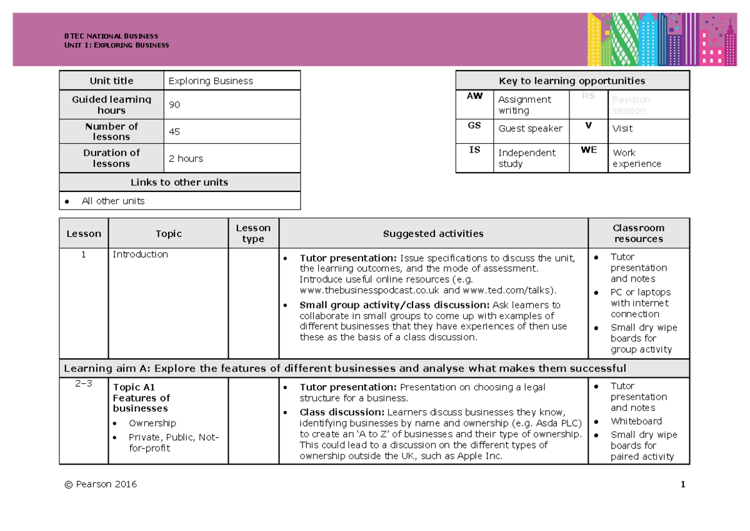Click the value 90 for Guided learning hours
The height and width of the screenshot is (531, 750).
[x=174, y=105]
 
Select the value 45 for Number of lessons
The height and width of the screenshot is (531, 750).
[x=174, y=132]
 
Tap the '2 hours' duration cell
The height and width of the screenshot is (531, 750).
[x=186, y=158]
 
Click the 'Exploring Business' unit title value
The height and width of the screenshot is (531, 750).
[x=211, y=81]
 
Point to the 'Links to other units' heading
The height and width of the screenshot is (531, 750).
[x=179, y=183]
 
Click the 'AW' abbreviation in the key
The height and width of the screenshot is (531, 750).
[x=474, y=96]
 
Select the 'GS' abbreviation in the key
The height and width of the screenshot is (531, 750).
[x=474, y=125]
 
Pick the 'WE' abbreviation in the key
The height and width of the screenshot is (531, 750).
[x=589, y=150]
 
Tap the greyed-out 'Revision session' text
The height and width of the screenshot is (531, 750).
[x=631, y=105]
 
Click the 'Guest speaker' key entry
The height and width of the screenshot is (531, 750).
[x=530, y=128]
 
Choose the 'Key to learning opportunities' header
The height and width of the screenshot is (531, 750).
[x=572, y=81]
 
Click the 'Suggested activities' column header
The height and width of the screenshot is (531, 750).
[x=433, y=233]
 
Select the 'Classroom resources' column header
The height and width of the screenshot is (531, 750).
[x=638, y=233]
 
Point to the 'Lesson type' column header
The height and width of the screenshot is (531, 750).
[x=253, y=233]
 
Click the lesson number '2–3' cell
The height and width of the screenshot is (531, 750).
[x=83, y=384]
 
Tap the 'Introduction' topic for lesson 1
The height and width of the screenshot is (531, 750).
[x=140, y=255]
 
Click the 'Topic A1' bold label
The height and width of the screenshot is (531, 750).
[x=134, y=387]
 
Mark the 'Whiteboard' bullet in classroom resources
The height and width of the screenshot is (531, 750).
[x=636, y=422]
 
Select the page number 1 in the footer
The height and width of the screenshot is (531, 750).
[x=683, y=484]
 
